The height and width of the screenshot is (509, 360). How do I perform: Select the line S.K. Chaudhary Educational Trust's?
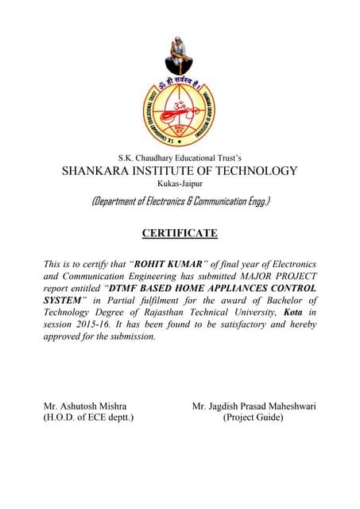click(180, 157)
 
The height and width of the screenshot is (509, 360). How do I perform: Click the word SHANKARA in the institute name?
click(99, 171)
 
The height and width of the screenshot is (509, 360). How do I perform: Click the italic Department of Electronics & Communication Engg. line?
click(180, 202)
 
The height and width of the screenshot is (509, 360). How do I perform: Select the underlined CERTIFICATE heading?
click(180, 233)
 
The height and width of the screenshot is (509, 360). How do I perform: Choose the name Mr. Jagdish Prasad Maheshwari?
click(254, 406)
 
